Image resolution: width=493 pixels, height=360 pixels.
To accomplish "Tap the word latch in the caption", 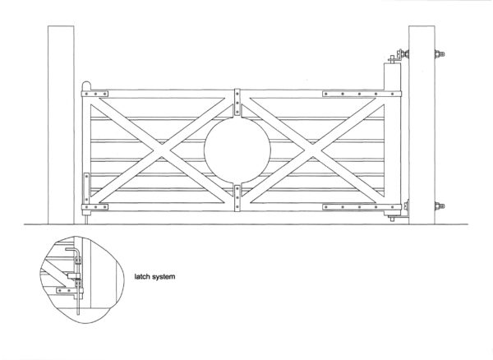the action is pyautogui.click(x=142, y=277).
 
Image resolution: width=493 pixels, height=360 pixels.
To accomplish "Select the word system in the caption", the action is pyautogui.click(x=164, y=277).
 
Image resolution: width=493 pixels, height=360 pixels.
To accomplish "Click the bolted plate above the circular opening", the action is pyautogui.click(x=237, y=102).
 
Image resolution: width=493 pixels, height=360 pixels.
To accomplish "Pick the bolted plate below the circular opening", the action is pyautogui.click(x=237, y=198).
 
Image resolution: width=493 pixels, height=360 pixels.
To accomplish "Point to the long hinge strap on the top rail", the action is pyautogui.click(x=362, y=94).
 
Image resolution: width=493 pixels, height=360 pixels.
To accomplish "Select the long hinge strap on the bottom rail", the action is pyautogui.click(x=362, y=207).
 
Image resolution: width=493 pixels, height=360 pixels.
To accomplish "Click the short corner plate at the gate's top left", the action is pyautogui.click(x=94, y=94).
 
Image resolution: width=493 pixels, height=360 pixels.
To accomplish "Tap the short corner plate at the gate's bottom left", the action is pyautogui.click(x=94, y=207).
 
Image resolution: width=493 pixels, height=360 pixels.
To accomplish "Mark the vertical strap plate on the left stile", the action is pyautogui.click(x=86, y=188).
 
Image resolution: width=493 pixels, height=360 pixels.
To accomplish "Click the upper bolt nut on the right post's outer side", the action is pyautogui.click(x=440, y=53).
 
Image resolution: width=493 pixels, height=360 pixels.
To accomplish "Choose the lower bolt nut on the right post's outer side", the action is pyautogui.click(x=440, y=206).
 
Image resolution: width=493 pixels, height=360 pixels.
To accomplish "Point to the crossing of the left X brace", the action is pyautogui.click(x=162, y=150).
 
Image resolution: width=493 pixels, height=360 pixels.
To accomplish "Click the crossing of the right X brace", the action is pyautogui.click(x=312, y=150).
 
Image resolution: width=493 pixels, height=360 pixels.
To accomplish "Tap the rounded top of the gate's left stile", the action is pyautogui.click(x=86, y=85).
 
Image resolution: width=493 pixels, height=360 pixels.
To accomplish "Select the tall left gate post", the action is pyautogui.click(x=61, y=125).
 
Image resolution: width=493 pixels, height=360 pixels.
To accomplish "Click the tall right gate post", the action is pyautogui.click(x=422, y=125).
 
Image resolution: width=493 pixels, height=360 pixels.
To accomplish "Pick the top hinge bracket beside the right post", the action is pyautogui.click(x=399, y=56).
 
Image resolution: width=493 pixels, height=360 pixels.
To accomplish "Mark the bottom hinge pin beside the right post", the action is pyautogui.click(x=392, y=218).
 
